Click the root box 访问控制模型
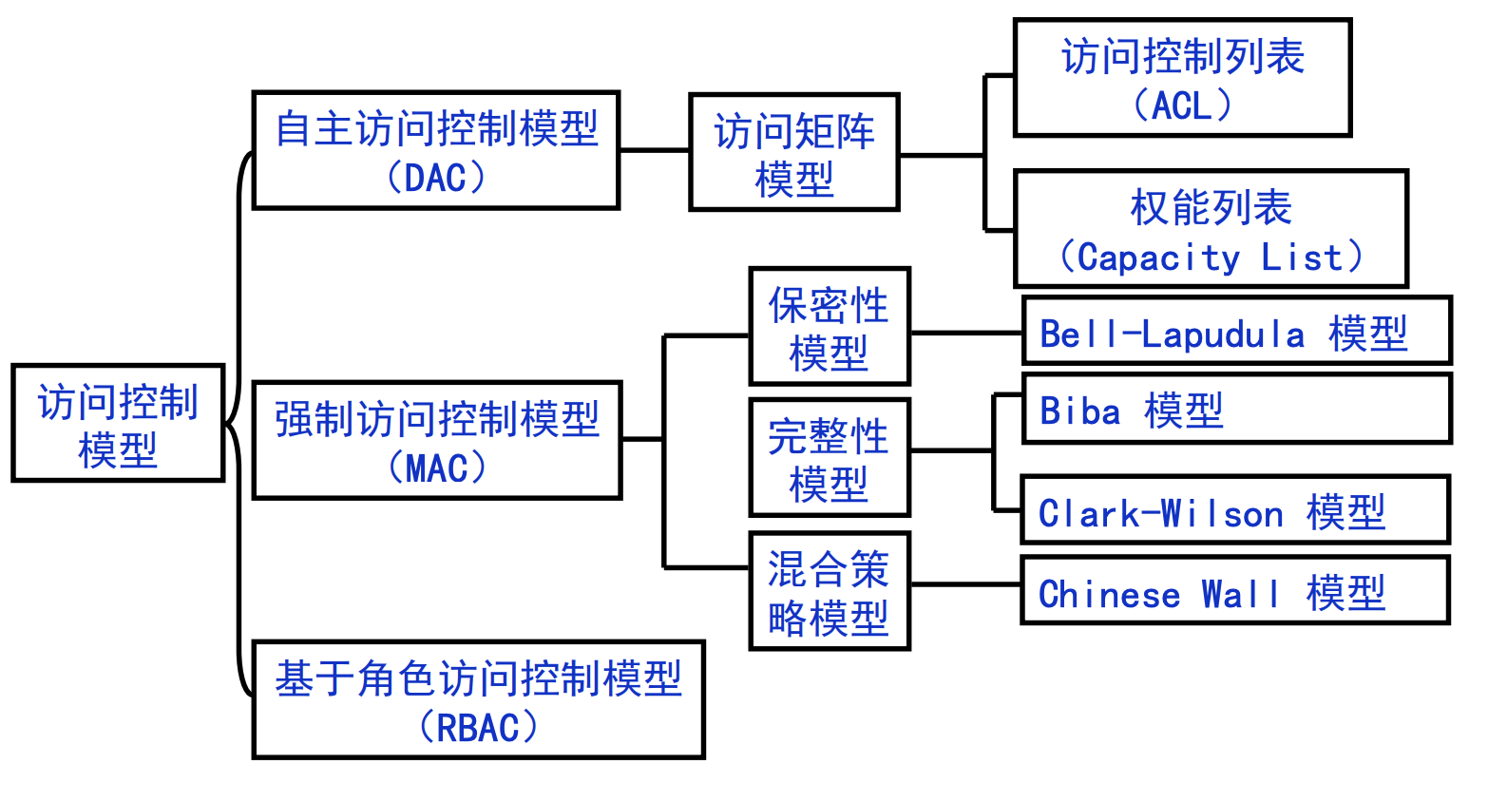pos(118,423)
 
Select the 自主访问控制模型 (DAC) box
pos(436,150)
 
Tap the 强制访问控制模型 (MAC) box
pos(437,440)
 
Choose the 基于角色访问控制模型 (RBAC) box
pos(478,699)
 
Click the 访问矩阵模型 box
pos(794,152)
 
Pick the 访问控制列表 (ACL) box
pos(1183,77)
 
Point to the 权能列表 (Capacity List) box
pos(1211,229)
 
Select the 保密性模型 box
pos(830,326)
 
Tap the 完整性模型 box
pos(830,457)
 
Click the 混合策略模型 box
pos(830,591)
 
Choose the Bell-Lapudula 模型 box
pos(1236,331)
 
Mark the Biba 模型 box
pos(1236,409)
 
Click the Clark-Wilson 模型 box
pos(1235,510)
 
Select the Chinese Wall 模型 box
pos(1235,590)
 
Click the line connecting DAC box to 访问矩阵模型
pos(655,150)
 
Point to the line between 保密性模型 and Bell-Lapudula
pos(966,333)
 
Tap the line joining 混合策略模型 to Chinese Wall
pos(966,584)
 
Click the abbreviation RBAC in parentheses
pos(478,728)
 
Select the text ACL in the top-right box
pos(1182,105)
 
